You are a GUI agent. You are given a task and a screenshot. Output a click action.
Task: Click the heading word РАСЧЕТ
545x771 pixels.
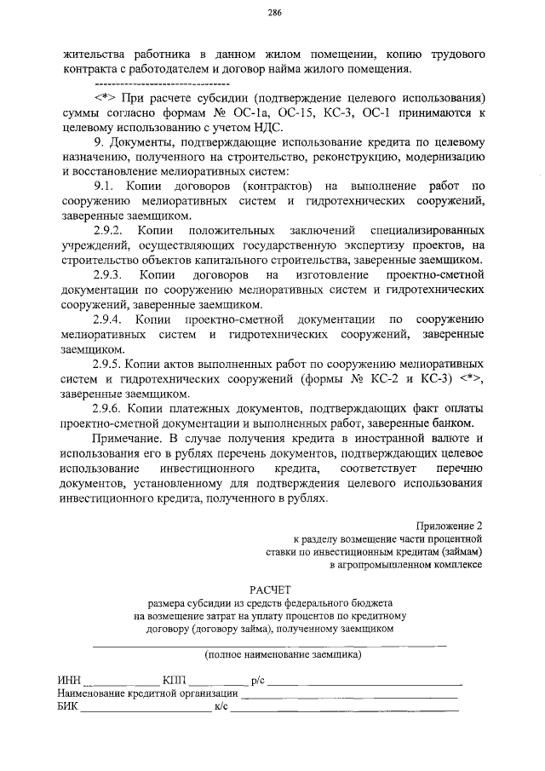coord(270,589)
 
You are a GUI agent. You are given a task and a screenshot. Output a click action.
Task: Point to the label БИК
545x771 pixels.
coord(68,706)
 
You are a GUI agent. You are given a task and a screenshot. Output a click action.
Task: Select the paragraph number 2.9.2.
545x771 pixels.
coord(111,231)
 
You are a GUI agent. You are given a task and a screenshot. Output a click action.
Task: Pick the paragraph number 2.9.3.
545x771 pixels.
coord(111,275)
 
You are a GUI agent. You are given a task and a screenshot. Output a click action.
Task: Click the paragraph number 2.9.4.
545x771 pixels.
coord(111,319)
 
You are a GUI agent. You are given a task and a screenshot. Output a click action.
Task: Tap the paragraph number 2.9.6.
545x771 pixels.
coord(111,408)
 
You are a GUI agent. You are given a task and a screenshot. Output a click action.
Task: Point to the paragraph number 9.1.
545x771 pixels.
coord(108,186)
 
